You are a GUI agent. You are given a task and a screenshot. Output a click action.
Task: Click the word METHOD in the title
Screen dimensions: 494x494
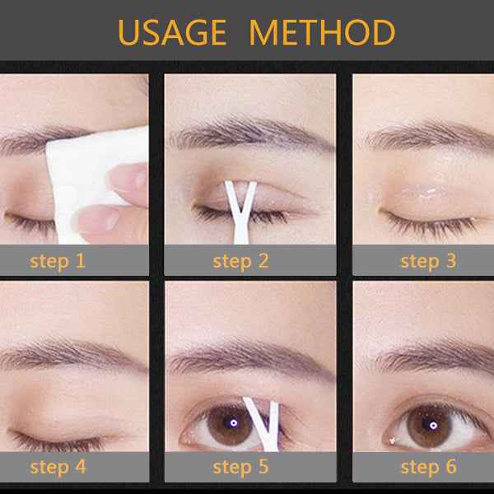[322, 33]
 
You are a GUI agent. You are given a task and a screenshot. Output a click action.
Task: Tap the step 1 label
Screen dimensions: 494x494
[58, 262]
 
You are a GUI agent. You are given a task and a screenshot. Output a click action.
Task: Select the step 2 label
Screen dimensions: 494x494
[241, 262]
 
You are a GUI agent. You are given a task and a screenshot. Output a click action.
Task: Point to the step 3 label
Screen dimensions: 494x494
[428, 262]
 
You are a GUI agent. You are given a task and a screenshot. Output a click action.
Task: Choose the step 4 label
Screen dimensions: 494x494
[58, 467]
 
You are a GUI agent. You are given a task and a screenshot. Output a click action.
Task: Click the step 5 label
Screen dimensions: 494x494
[241, 467]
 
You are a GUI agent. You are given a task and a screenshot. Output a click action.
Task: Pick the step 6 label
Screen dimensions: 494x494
[428, 467]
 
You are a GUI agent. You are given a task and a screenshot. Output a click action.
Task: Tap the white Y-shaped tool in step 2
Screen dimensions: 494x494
[238, 206]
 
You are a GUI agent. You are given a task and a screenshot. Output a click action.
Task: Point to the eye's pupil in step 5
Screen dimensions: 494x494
[233, 422]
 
